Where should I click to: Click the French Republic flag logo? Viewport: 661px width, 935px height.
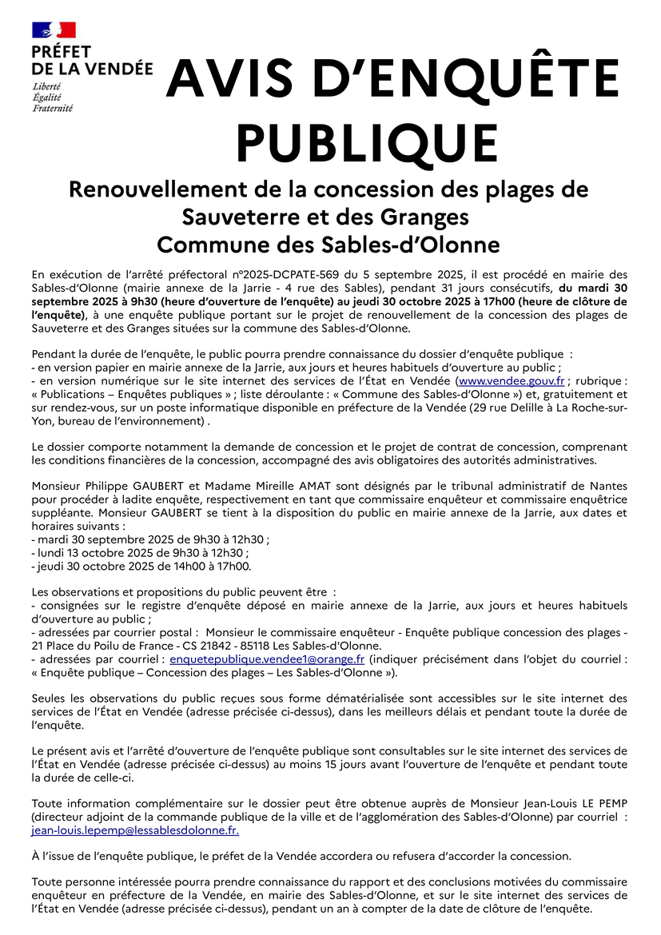point(54,31)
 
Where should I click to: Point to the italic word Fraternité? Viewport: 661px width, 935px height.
point(52,108)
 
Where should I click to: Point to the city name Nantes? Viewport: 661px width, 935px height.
point(608,486)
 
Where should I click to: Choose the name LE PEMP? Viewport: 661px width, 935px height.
point(599,803)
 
